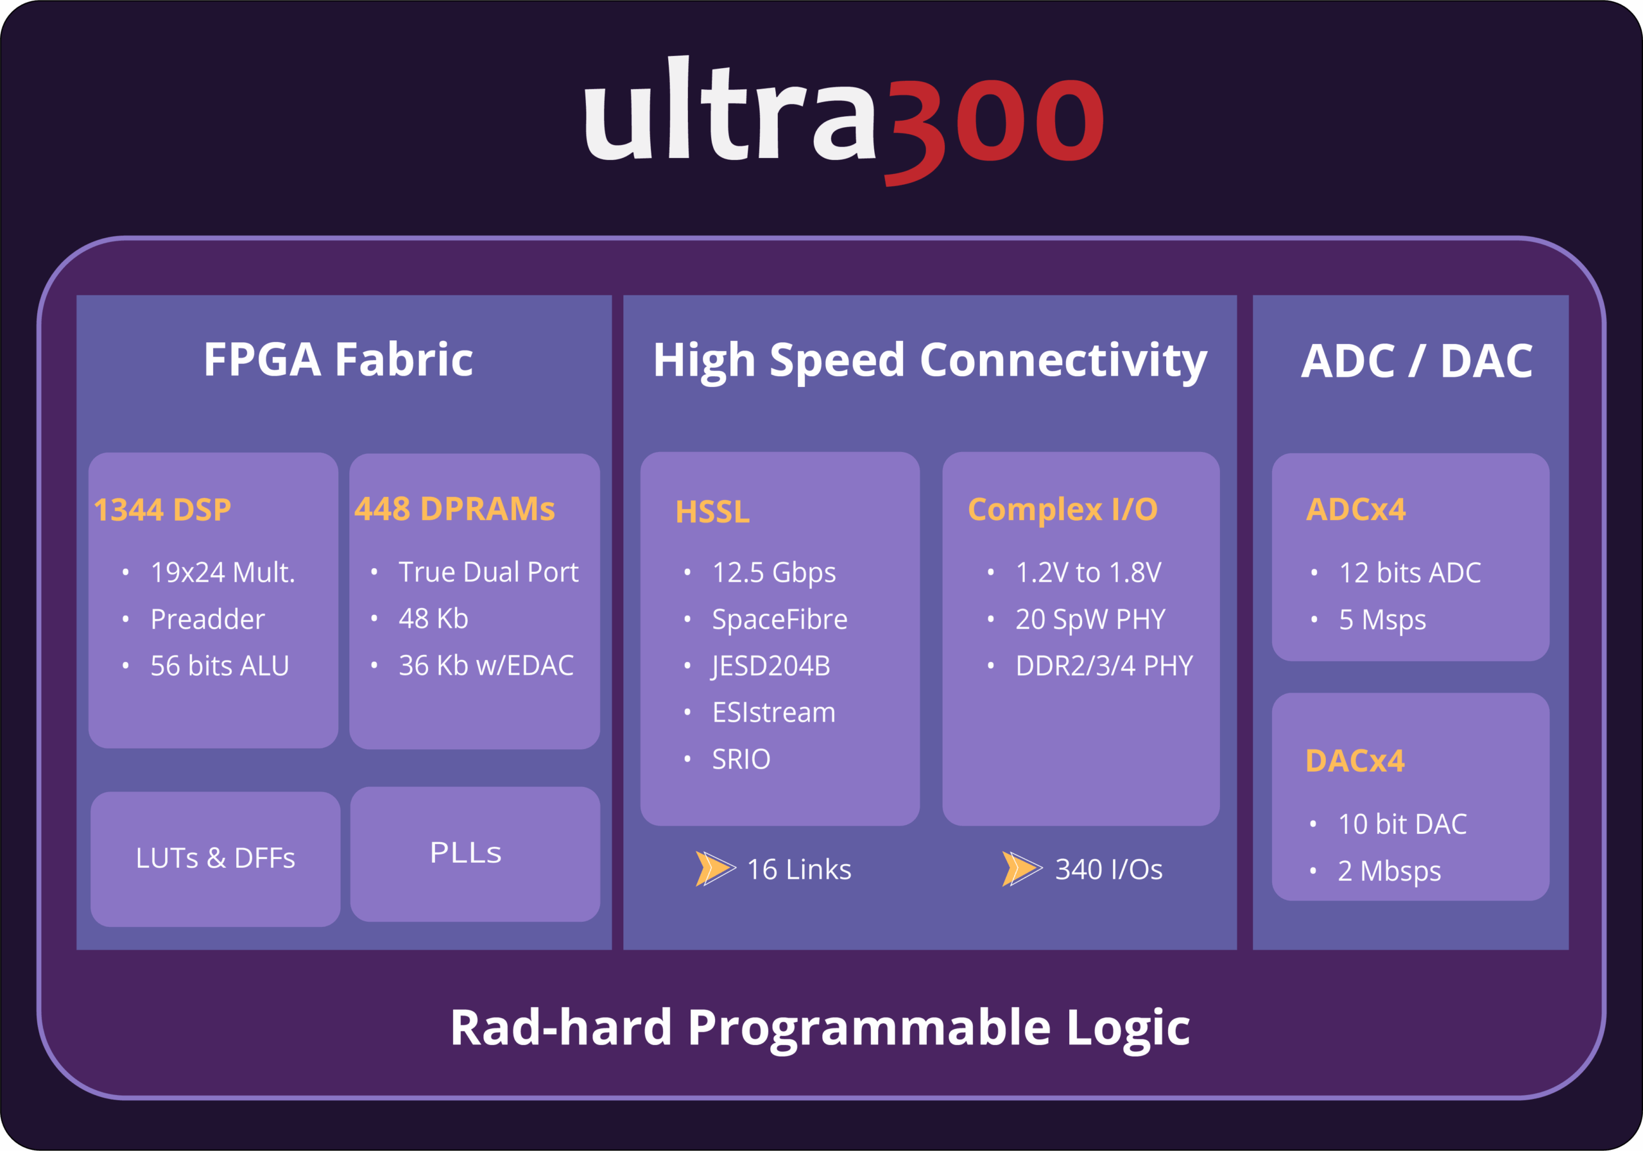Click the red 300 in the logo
tap(995, 122)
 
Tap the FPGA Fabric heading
tap(338, 359)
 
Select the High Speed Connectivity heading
tap(929, 361)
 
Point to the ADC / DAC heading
tap(1416, 361)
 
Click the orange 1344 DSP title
tap(162, 510)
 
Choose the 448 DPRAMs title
tap(454, 509)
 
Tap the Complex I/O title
tap(1062, 510)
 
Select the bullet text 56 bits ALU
tap(219, 666)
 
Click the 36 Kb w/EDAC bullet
tap(485, 666)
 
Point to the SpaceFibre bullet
tap(779, 619)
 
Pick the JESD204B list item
tap(771, 666)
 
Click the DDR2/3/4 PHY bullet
tap(1104, 666)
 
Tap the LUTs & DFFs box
tap(216, 858)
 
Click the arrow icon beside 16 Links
tap(714, 869)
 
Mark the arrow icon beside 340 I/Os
tap(1021, 869)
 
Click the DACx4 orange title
tap(1355, 761)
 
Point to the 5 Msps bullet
tap(1382, 620)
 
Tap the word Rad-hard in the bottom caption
tap(560, 1028)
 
